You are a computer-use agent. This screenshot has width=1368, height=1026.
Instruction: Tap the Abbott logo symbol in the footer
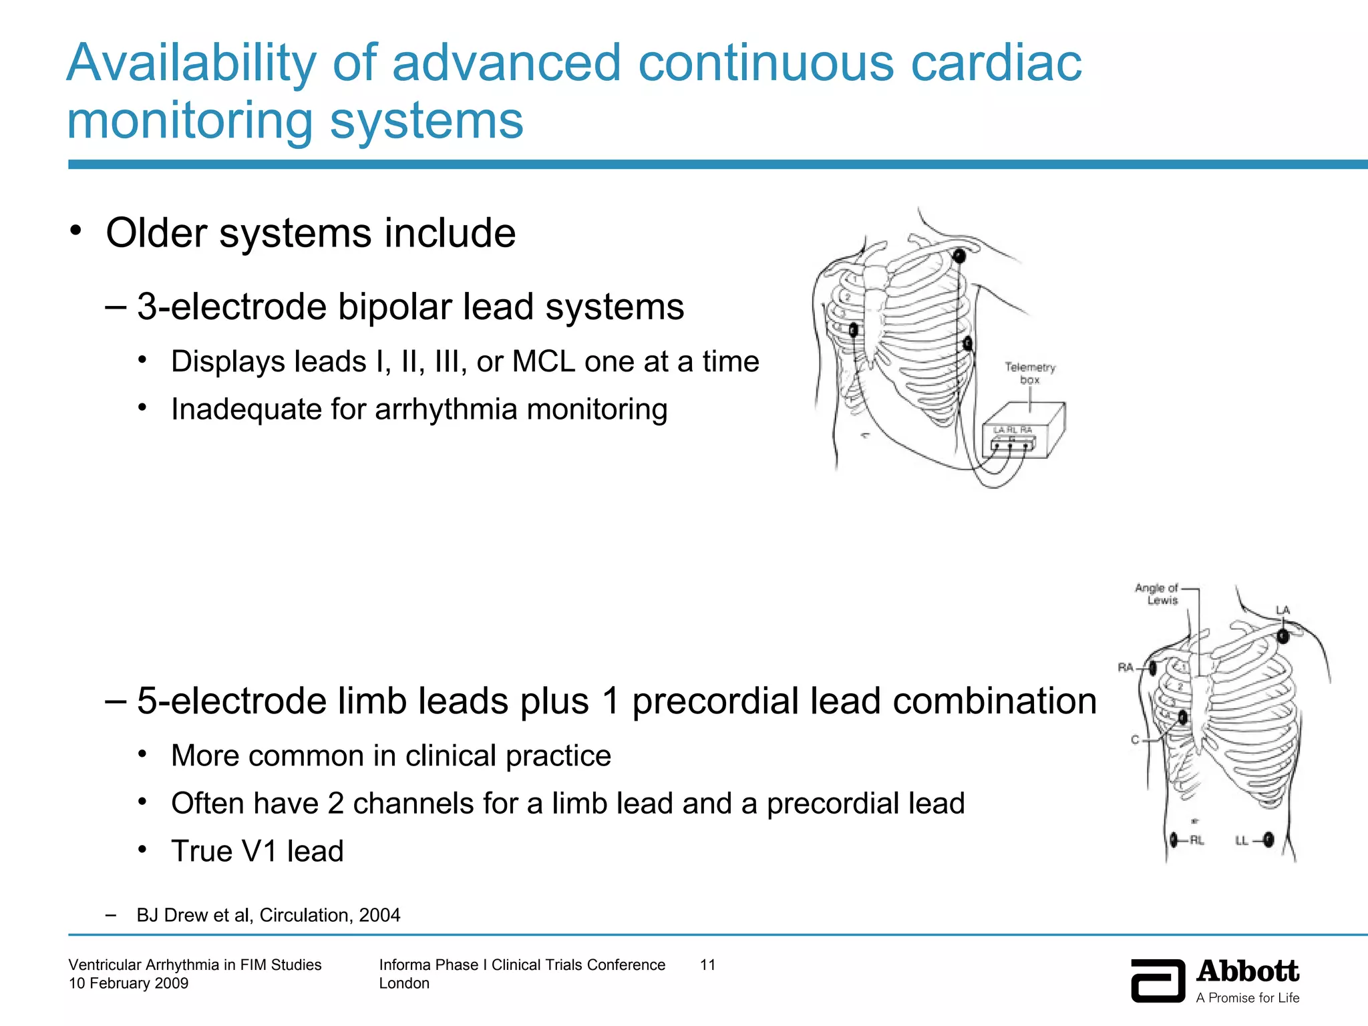(x=1158, y=980)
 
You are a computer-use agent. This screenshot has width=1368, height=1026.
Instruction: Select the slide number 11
(x=707, y=965)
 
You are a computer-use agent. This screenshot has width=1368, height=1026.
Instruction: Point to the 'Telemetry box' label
(x=1029, y=373)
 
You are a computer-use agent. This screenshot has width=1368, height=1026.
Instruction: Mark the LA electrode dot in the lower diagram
(x=1282, y=636)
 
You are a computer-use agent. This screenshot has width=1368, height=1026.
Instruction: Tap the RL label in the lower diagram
(x=1196, y=840)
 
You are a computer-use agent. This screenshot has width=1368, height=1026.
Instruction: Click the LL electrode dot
(x=1268, y=840)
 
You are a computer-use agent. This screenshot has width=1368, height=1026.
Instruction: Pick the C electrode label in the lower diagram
(x=1135, y=739)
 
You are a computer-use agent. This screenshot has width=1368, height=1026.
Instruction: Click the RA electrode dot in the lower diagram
(x=1153, y=667)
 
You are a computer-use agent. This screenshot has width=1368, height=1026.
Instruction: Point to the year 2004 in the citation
(x=379, y=915)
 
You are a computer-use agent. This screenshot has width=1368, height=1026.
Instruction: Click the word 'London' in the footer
(x=404, y=983)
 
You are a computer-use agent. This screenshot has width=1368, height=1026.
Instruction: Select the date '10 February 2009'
(x=128, y=983)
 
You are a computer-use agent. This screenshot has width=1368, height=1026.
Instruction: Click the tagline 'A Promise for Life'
(x=1247, y=998)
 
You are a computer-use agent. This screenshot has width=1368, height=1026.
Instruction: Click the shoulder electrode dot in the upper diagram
(x=959, y=256)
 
